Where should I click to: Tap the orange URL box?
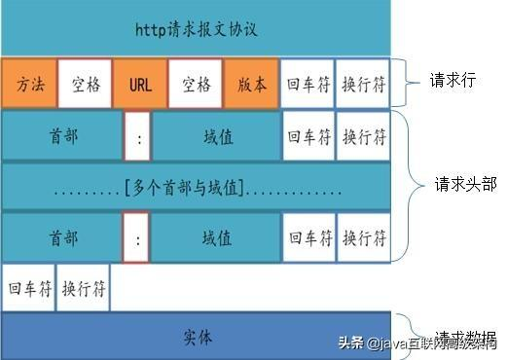(140, 84)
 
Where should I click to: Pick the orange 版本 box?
(251, 84)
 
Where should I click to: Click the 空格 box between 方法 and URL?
(85, 84)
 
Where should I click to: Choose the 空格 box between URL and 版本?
(196, 84)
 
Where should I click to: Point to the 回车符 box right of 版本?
(307, 84)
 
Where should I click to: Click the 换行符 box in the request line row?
(363, 84)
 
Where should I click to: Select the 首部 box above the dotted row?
(62, 136)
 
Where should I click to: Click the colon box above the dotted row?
(138, 136)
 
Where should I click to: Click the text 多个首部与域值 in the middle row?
(197, 186)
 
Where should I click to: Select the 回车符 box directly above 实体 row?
(28, 288)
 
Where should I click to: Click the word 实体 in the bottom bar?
(197, 337)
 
